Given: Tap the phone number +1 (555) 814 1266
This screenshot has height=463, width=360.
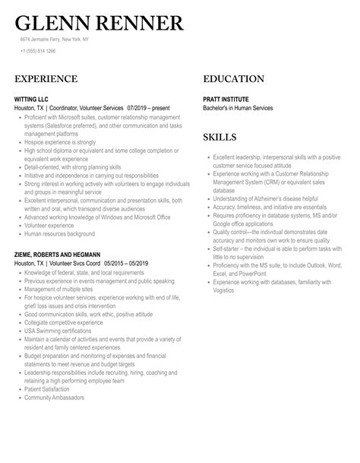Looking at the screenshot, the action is point(37,52).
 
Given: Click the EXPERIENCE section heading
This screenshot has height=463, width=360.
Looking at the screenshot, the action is point(46,79).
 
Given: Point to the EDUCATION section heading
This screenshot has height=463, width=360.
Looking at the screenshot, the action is point(234,79).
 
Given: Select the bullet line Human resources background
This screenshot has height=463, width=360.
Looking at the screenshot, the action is point(59,233).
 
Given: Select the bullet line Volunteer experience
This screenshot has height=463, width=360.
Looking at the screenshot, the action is point(51,225).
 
